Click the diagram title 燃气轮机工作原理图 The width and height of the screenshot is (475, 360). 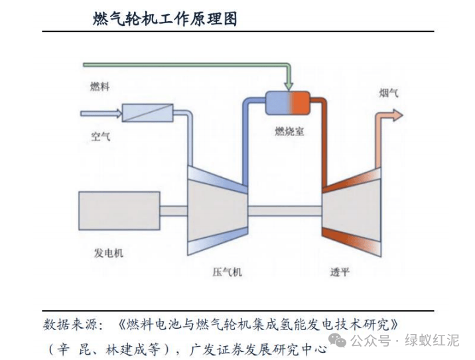[x=165, y=19]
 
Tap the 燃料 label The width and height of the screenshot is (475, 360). [x=100, y=86]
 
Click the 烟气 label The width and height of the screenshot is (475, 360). [x=389, y=93]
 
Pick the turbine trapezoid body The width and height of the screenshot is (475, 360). [x=352, y=210]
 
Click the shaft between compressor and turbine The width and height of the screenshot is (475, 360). [x=285, y=210]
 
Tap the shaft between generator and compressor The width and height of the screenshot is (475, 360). [x=174, y=211]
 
